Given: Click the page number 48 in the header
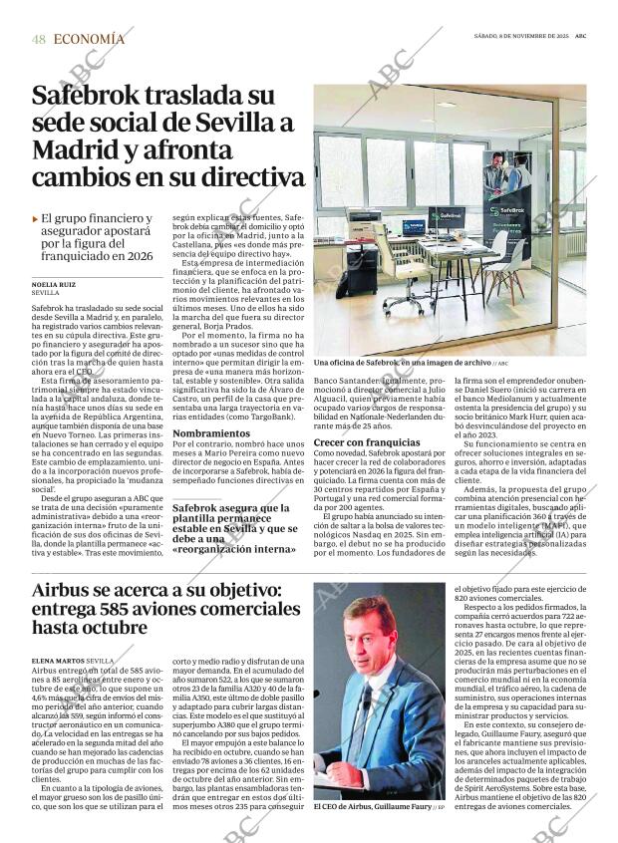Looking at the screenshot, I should click(x=39, y=39).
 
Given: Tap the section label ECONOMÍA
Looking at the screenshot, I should click(x=90, y=39).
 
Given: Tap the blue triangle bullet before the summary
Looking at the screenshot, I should click(x=36, y=218).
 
